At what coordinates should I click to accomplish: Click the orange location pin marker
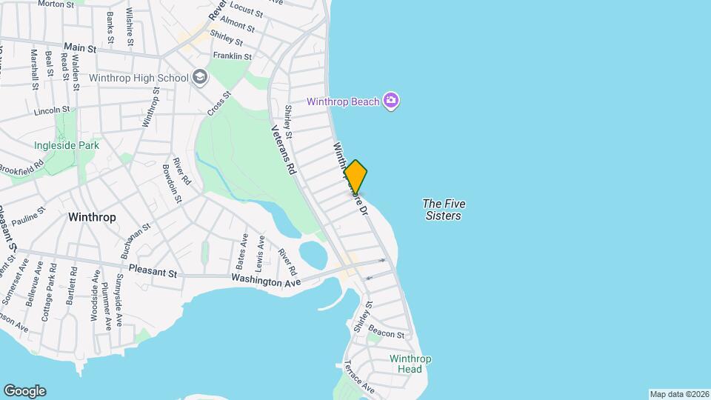tap(356, 177)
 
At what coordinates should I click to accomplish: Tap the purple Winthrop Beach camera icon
tap(391, 101)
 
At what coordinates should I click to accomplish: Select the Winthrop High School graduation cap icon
tap(200, 77)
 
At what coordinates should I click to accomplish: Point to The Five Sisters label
tap(444, 210)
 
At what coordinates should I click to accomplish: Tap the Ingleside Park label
tap(67, 146)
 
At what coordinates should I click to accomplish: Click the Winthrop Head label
tap(410, 365)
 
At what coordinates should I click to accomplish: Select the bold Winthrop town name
tap(91, 218)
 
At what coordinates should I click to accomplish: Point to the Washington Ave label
tap(266, 281)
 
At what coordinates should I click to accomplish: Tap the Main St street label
tap(81, 48)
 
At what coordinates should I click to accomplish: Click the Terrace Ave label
tap(358, 378)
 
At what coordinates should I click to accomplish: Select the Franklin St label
tap(233, 56)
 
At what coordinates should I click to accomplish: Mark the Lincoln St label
tap(51, 111)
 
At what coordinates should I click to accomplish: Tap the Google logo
tap(24, 390)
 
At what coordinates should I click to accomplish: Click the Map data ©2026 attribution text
tap(678, 394)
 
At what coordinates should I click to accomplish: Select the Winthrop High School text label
tap(139, 77)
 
